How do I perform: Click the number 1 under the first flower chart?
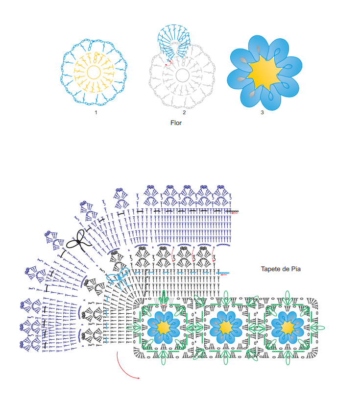pos(96,113)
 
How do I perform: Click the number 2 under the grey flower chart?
pos(184,113)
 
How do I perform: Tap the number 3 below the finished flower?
pos(262,113)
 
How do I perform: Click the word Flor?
pos(176,123)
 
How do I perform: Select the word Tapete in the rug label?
pos(270,269)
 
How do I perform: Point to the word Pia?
pos(296,269)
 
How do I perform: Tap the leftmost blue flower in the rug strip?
pos(164,328)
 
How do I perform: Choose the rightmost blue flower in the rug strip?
pos(288,328)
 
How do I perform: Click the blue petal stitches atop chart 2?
pos(174,39)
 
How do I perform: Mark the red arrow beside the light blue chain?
pos(224,275)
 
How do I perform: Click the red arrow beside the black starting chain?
pos(234,213)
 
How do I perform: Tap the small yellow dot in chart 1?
pos(99,54)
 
